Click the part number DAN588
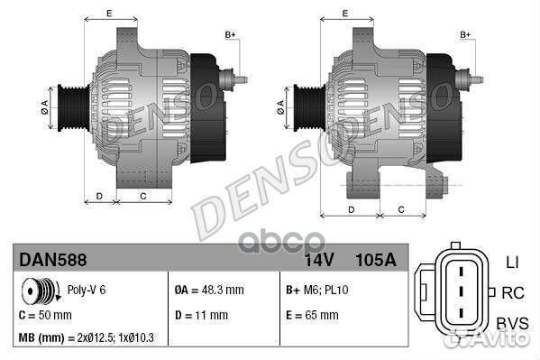point(52,261)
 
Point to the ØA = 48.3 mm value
point(208,291)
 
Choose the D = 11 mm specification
point(201,315)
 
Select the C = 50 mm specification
point(45,315)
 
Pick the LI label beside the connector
point(512,263)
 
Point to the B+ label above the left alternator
point(230,34)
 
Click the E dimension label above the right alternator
point(346,14)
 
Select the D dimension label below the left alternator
point(99,196)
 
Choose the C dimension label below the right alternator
point(400,209)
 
